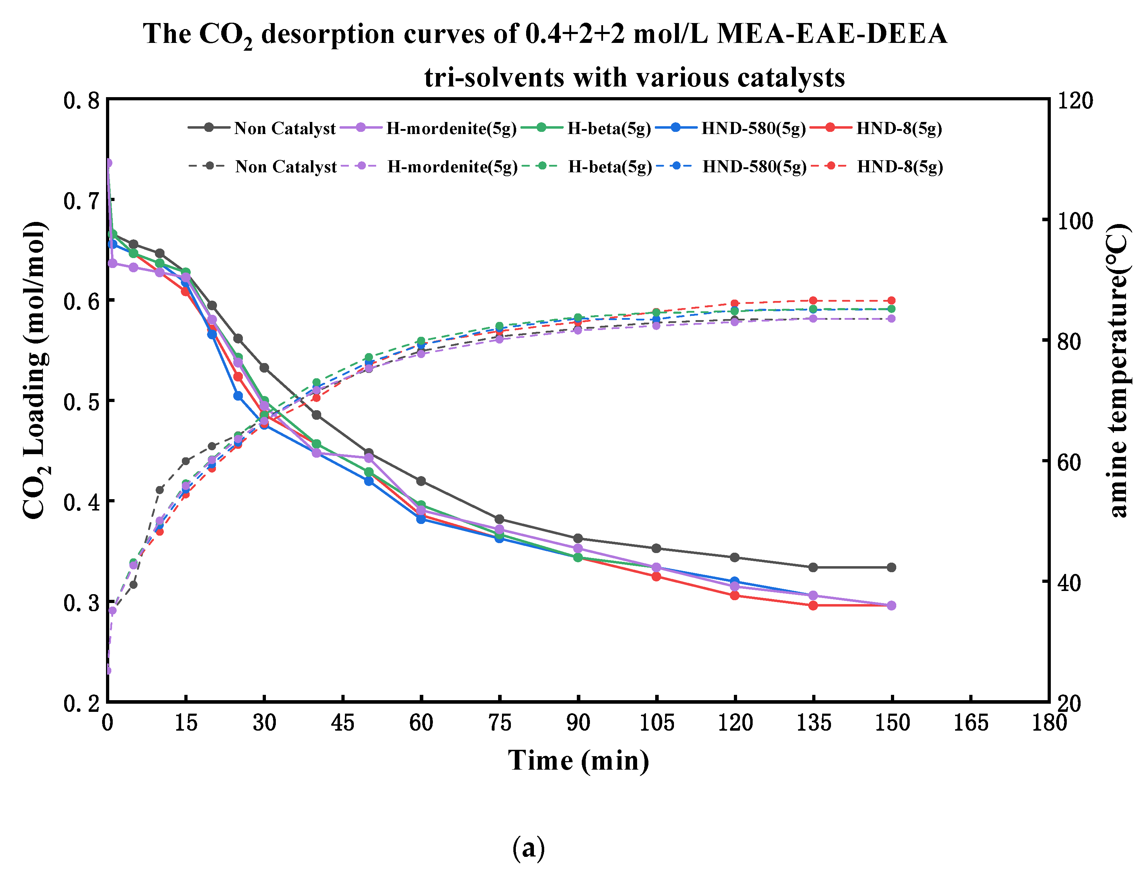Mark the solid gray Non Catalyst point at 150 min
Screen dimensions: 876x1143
891,567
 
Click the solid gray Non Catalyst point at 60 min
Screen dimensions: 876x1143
421,481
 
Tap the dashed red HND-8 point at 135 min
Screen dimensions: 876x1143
813,300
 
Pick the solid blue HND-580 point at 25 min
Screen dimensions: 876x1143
238,396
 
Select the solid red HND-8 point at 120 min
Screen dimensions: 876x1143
735,596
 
